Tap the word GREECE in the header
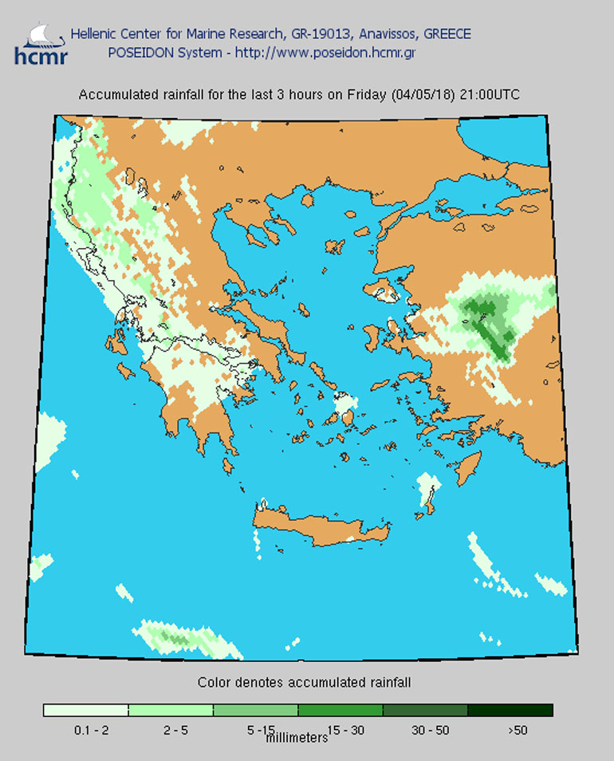click(x=447, y=34)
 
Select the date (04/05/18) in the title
click(x=423, y=95)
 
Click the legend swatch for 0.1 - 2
click(x=85, y=710)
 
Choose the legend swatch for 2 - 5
click(x=170, y=710)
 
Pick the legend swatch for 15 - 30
click(x=340, y=710)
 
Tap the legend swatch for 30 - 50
click(x=425, y=710)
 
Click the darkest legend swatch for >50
click(x=510, y=710)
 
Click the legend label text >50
click(x=517, y=729)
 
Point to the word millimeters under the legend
click(x=297, y=738)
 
